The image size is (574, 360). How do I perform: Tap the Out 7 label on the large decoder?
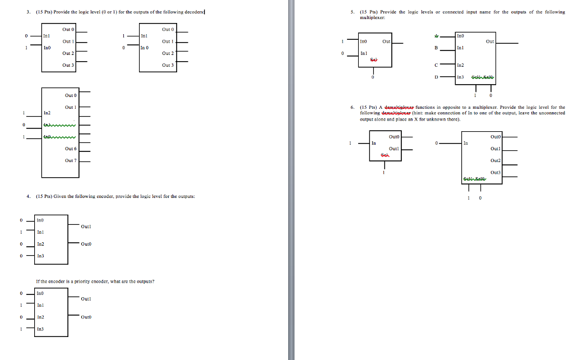coord(70,160)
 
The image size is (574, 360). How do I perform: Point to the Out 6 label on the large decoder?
coord(70,149)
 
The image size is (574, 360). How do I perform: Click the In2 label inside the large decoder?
coord(47,113)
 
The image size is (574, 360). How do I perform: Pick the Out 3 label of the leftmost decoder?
coord(68,65)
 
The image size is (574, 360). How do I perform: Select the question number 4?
coord(27,196)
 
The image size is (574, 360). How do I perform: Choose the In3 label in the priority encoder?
coord(40,329)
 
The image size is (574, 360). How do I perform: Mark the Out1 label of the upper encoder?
coord(86,227)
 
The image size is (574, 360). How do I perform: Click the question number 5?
coord(351,12)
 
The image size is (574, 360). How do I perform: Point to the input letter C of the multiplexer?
coord(436,65)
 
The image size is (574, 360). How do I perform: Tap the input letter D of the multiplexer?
coord(436,77)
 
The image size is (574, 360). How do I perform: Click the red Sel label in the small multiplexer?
coord(373,59)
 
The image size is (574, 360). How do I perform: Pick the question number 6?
coord(351,107)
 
